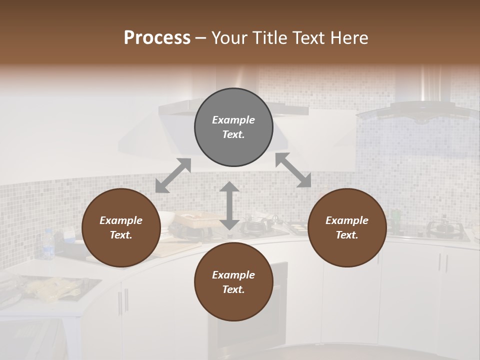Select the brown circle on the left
(121, 227)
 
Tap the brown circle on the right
(347, 227)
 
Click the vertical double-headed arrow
(229, 205)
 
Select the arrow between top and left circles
(173, 175)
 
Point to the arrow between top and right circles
(293, 170)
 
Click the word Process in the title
(157, 38)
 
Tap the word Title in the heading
(270, 38)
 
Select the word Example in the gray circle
(233, 120)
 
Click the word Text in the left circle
(121, 235)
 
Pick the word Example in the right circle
(347, 220)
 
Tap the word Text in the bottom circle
(233, 289)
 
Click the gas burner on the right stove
(442, 228)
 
